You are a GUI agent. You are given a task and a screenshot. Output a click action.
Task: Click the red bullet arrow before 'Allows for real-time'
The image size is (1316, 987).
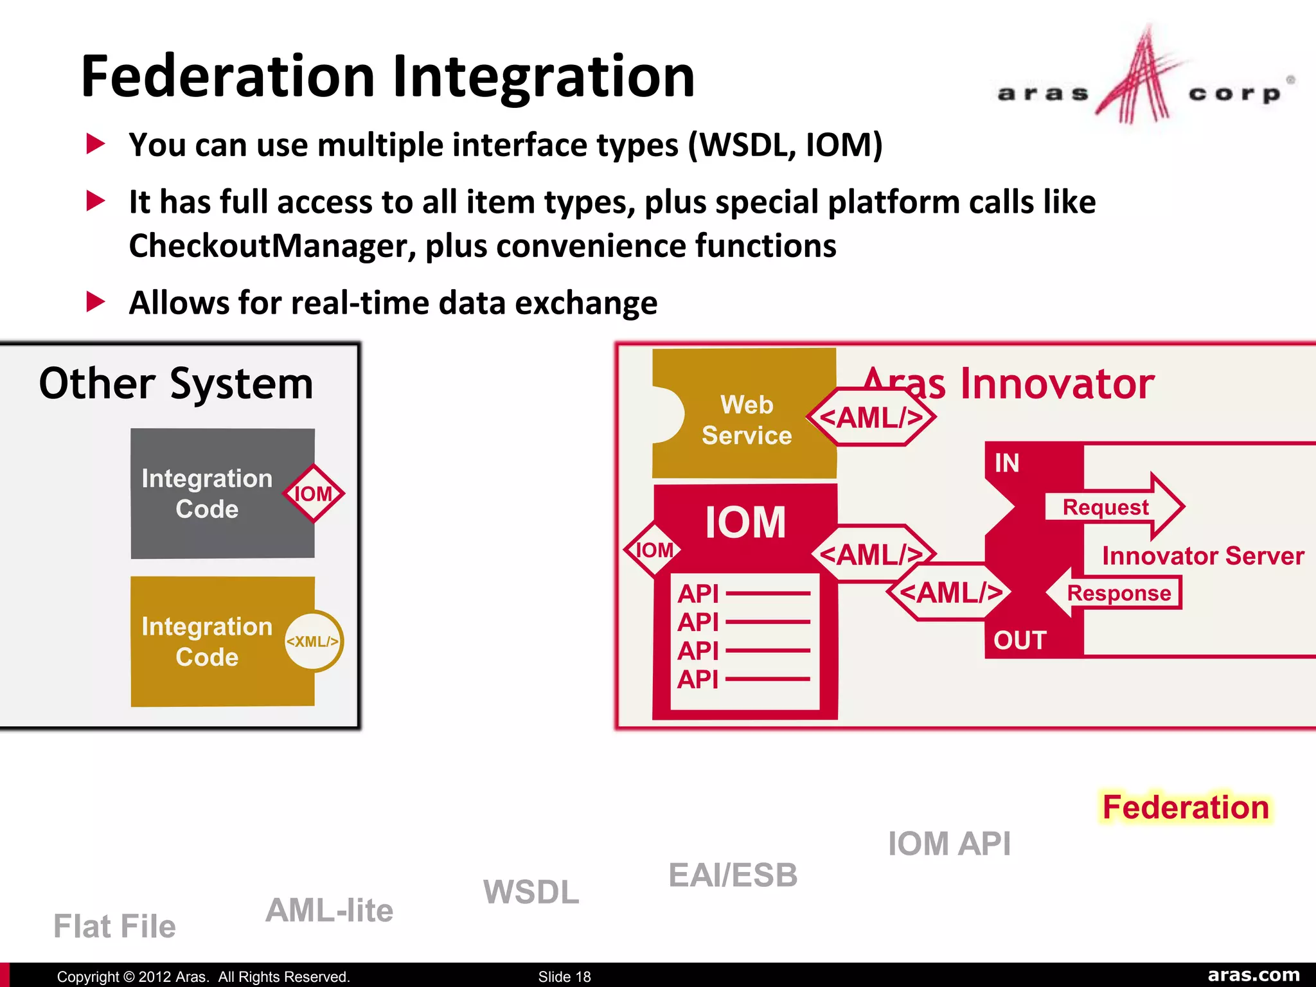click(96, 301)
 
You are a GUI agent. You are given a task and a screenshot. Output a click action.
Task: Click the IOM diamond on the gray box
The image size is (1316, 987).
click(314, 493)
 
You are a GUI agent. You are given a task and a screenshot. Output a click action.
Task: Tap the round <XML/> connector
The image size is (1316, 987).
click(313, 641)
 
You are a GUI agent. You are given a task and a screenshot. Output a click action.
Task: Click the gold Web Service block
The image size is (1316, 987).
click(745, 420)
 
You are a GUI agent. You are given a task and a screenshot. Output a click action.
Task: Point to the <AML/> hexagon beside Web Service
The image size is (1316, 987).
click(872, 418)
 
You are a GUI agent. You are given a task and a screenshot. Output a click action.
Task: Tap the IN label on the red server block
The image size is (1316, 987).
click(1007, 463)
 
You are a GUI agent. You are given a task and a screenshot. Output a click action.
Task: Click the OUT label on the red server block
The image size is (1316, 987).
click(1020, 640)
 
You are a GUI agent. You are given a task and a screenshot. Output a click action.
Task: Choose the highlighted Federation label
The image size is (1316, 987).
click(1186, 807)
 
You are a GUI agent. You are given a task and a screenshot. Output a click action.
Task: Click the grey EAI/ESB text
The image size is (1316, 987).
click(733, 875)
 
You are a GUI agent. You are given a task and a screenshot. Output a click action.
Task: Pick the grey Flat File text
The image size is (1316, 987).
click(114, 926)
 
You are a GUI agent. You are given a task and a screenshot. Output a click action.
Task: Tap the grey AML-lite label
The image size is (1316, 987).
click(329, 910)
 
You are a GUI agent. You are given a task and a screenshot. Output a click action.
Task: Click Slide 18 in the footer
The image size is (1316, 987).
click(564, 977)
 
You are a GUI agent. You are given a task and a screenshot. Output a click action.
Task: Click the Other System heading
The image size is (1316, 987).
click(176, 384)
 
